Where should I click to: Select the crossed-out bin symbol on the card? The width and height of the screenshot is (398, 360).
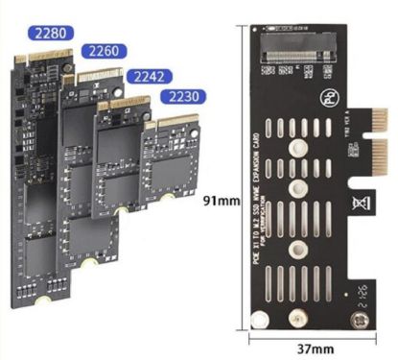(x=337, y=204)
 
